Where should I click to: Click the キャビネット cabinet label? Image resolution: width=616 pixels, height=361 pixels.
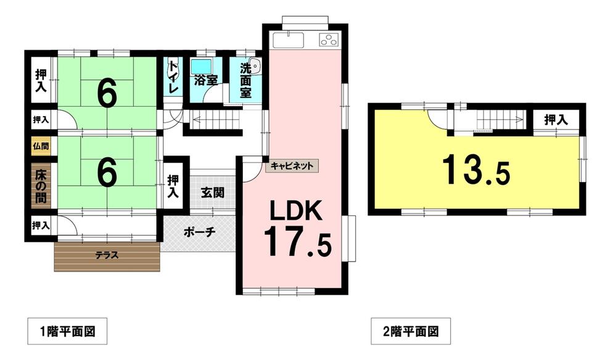[x=292, y=166]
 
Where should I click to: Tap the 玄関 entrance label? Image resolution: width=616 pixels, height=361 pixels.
[x=213, y=193]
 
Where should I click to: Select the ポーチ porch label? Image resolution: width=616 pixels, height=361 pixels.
[x=200, y=232]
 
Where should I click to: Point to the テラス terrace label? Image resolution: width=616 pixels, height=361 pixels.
[x=107, y=255]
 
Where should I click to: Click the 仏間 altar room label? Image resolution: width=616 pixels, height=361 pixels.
[x=41, y=146]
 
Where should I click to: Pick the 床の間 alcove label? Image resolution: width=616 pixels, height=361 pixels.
[x=41, y=186]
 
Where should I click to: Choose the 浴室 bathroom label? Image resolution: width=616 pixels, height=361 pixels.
[x=206, y=80]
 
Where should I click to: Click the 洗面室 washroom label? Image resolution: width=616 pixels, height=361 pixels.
[x=245, y=81]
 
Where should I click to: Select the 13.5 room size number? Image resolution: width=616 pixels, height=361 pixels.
[x=476, y=170]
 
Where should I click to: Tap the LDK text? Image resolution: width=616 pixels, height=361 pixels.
[x=295, y=210]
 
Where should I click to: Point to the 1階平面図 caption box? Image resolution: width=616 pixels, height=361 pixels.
[x=67, y=331]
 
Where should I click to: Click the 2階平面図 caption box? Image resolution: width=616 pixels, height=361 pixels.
[x=411, y=331]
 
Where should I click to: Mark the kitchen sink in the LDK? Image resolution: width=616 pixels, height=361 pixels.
[x=289, y=39]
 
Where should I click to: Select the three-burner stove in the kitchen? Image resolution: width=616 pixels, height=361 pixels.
[x=329, y=39]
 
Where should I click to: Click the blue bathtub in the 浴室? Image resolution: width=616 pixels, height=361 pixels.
[x=202, y=67]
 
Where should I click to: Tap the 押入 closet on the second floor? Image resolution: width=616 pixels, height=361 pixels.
[x=556, y=120]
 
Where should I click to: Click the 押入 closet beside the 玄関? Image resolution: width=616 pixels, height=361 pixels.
[x=173, y=186]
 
